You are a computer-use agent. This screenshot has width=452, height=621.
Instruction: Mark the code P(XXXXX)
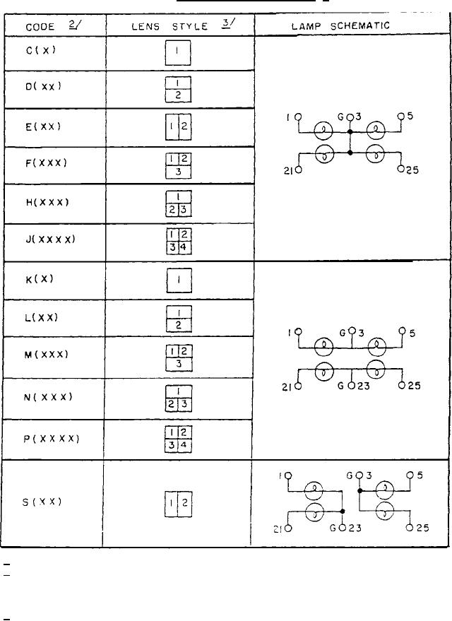tap(51, 438)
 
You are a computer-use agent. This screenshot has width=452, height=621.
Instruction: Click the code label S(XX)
tap(42, 502)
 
